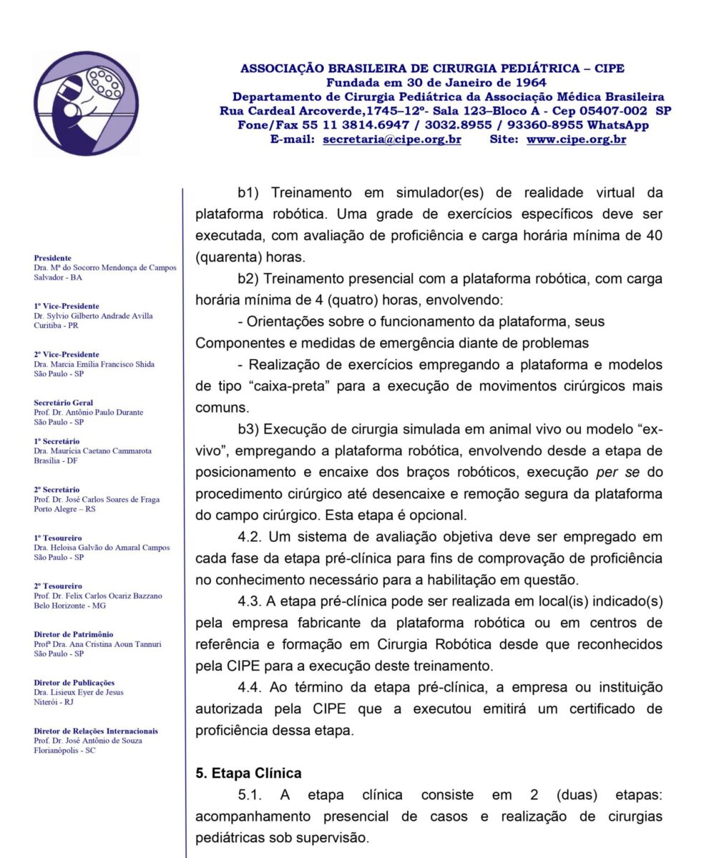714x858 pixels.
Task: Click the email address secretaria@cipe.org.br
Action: tap(391, 139)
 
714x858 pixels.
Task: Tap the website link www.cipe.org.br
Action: tap(576, 139)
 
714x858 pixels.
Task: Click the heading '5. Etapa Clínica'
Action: tap(248, 773)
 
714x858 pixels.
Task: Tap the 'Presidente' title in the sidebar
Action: tap(53, 257)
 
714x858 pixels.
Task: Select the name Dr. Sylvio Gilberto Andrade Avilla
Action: tap(93, 315)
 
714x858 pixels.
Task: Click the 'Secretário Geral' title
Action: tap(64, 403)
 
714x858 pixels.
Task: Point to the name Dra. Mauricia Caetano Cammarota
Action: tap(92, 451)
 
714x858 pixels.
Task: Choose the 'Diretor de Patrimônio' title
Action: tap(74, 634)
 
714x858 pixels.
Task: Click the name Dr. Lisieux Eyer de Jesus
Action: tap(78, 692)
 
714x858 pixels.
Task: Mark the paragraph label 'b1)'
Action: tap(251, 192)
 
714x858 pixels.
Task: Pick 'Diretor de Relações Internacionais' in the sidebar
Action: tap(96, 731)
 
